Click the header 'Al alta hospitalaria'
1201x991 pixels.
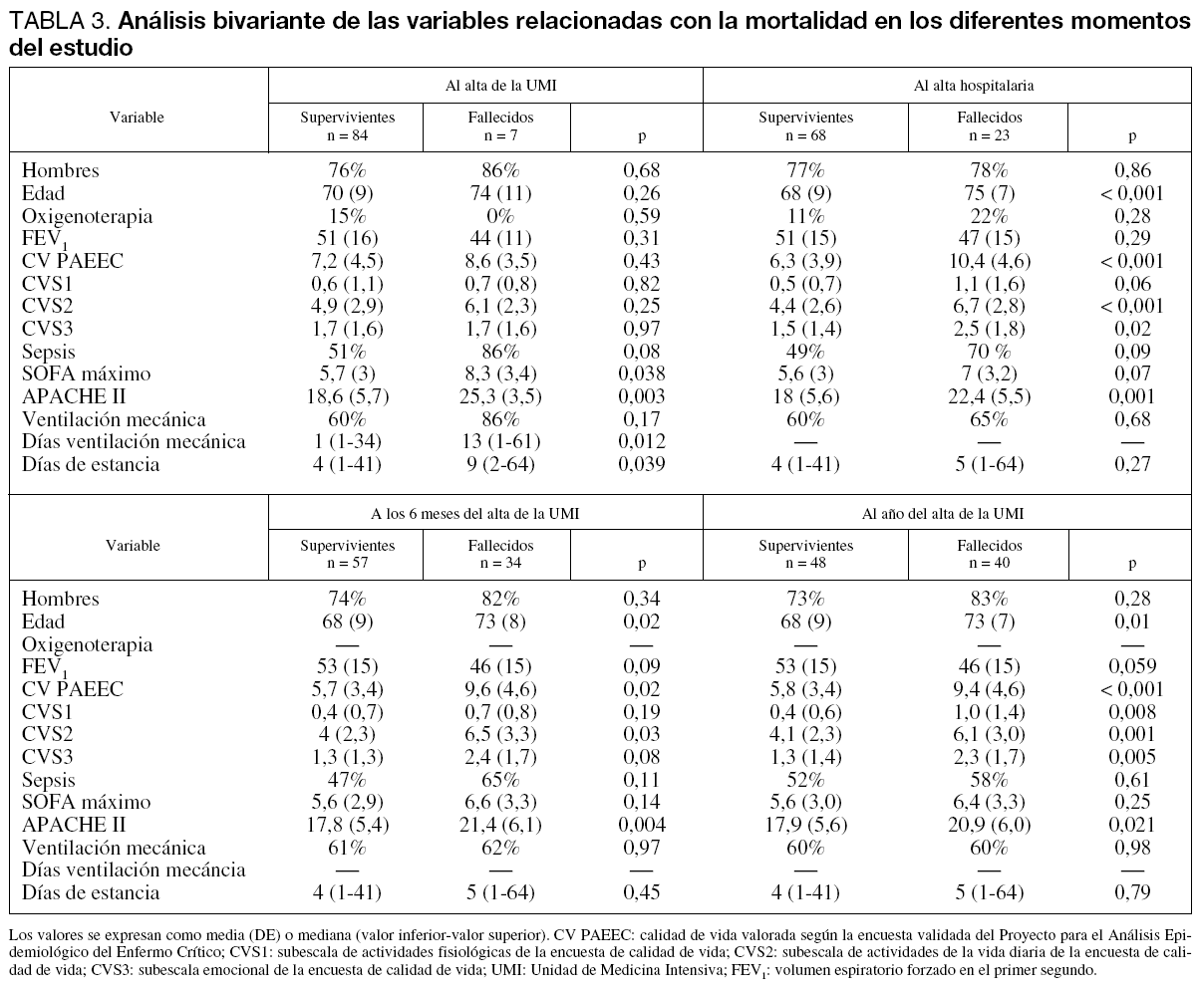point(973,86)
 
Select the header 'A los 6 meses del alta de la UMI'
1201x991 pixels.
point(474,514)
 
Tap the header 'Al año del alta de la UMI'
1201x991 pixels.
point(943,514)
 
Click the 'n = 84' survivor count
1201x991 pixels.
point(348,134)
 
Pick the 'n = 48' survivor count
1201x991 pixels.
point(805,563)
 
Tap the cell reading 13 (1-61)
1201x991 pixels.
point(500,442)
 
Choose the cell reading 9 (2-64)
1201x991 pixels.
point(500,465)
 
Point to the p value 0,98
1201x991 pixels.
point(1131,848)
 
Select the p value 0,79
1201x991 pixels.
point(1131,892)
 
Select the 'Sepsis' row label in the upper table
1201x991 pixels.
point(48,352)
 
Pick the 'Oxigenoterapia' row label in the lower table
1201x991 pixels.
point(88,644)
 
